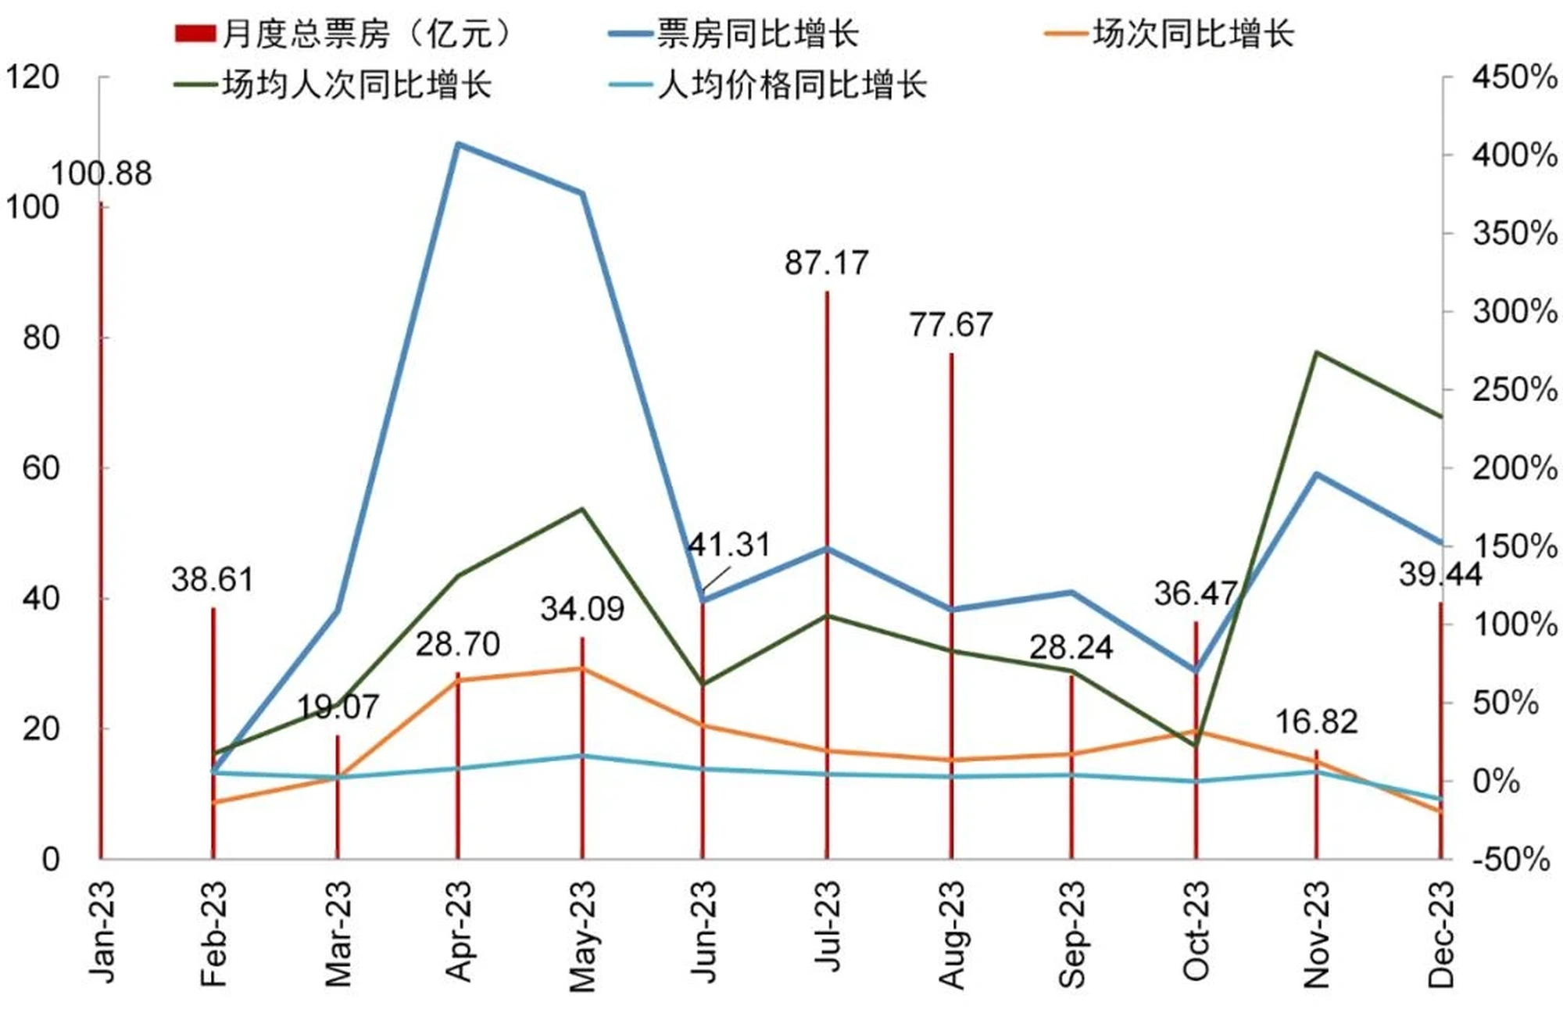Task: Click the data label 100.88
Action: pos(102,174)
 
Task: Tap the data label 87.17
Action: pos(827,263)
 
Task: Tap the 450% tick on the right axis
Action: pos(1514,77)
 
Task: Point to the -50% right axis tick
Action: pos(1511,859)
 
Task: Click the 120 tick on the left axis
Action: pos(33,77)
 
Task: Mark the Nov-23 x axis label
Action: pos(1317,933)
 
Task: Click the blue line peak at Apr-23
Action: pos(459,144)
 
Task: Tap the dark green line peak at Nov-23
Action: pos(1317,353)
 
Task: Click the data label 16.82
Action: pos(1317,721)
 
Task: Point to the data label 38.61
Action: pos(213,580)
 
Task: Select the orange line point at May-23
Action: pos(582,668)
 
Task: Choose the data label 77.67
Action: pos(951,324)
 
